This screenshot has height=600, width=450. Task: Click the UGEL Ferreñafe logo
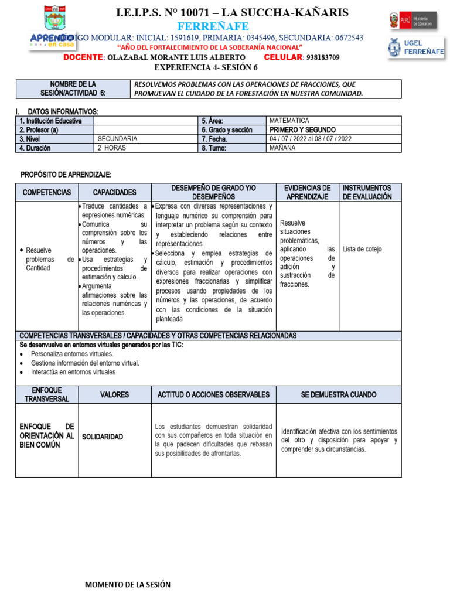[x=416, y=47]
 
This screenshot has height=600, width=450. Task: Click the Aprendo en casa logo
[x=53, y=39]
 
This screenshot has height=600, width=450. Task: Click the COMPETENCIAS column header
[x=47, y=192]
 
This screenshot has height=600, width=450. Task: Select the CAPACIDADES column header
[x=114, y=192]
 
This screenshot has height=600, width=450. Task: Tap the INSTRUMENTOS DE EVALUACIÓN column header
[x=370, y=192]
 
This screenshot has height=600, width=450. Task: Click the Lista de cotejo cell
[x=362, y=249]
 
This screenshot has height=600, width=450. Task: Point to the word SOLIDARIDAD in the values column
[x=103, y=437]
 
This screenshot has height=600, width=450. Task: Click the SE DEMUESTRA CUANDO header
[x=339, y=395]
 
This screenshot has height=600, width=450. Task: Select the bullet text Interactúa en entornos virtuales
[x=74, y=372]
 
